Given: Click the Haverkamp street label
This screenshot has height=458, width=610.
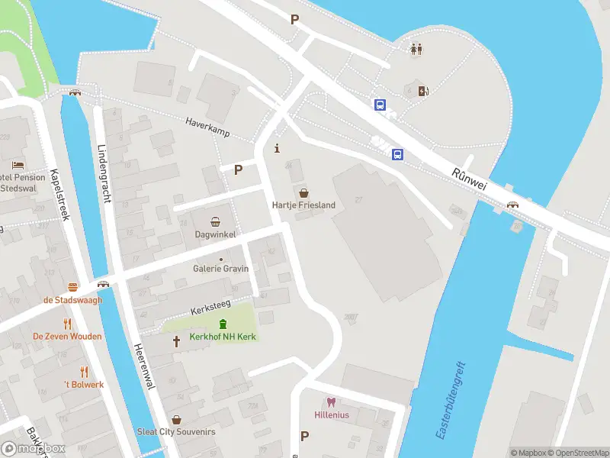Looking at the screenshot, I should pos(208,127).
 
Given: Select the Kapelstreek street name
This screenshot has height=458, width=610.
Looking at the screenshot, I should pos(59,195).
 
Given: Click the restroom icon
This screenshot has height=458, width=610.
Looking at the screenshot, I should pos(416,49).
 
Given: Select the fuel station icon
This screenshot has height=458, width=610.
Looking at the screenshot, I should pos(424,91).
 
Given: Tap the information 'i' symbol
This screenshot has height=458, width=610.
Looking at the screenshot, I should pos(277,147).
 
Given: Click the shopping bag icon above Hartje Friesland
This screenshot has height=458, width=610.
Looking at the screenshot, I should pos(303,192).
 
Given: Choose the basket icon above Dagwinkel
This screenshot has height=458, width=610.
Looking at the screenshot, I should pos(216,222).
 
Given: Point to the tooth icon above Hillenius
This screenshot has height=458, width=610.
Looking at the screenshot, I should pos(331,402).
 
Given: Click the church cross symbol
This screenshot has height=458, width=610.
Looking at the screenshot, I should pos(177,341).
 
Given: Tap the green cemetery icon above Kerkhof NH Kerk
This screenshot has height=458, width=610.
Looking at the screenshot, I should pos(223,324).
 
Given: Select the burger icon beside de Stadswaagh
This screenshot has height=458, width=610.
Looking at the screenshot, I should pos(73,288).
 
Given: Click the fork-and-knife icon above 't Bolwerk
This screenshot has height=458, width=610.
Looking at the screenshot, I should pos(84,372).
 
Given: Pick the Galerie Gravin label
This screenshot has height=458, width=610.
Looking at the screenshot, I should pos(221,268).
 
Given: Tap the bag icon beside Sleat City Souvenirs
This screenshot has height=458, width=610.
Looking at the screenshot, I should pos(176,419).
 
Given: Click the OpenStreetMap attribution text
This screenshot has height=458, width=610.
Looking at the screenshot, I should pos(577,453).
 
